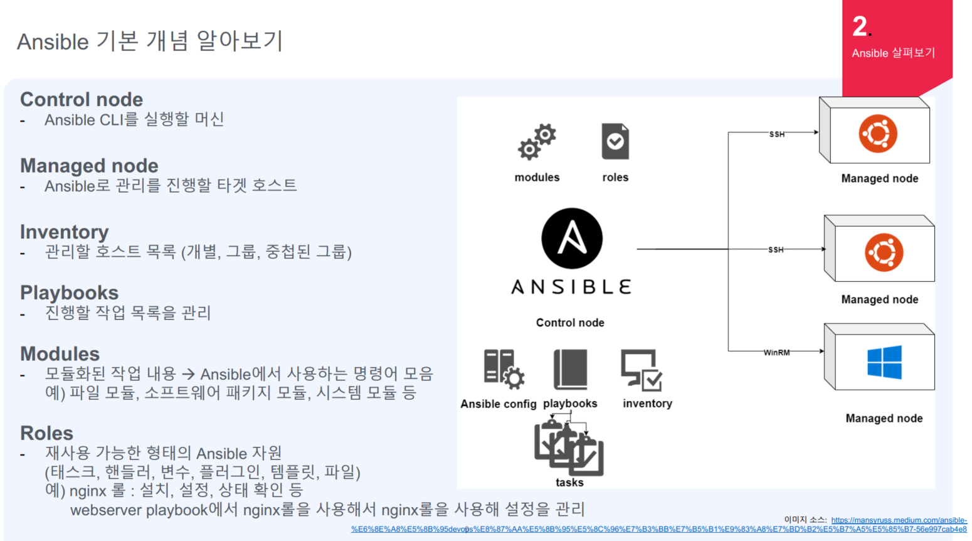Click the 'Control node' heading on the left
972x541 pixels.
82,99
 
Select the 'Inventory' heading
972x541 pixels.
64,232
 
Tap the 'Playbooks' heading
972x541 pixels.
69,292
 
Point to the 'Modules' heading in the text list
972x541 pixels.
60,353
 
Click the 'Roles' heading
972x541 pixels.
46,433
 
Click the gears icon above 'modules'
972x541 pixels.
537,142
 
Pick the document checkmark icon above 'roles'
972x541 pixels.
615,141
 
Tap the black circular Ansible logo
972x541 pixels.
572,238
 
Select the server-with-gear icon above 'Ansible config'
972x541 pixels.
503,370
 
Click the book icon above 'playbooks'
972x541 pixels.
571,370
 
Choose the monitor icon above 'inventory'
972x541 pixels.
642,370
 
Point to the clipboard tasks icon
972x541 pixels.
569,447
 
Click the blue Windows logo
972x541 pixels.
884,362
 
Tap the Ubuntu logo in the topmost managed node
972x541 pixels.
878,134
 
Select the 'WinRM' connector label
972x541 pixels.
776,353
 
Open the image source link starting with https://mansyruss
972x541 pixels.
899,520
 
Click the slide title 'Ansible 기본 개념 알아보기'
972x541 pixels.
150,41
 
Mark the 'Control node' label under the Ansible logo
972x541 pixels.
570,323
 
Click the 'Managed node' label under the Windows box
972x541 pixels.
884,418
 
